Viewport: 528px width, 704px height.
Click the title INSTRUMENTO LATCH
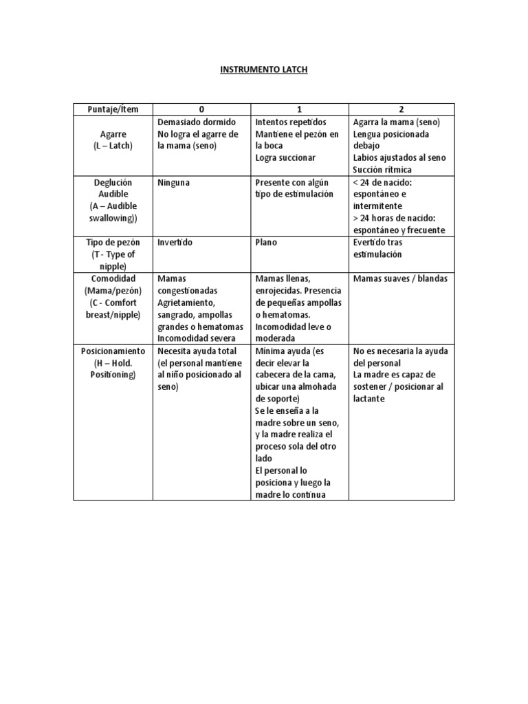(x=264, y=71)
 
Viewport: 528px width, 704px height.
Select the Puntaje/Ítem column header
(x=113, y=109)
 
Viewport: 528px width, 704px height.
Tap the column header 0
(x=201, y=109)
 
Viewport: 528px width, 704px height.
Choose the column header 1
(x=300, y=109)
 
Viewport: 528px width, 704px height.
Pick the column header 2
(x=401, y=109)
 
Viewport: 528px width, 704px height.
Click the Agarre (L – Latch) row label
(x=113, y=140)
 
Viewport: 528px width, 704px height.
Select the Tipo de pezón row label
(x=113, y=254)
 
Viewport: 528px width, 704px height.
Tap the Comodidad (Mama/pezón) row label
(x=113, y=296)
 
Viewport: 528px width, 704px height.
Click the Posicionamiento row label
(x=113, y=362)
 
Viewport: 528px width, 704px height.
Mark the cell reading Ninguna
(x=174, y=182)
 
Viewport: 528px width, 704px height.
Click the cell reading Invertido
(x=175, y=243)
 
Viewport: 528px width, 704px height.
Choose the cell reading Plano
(x=265, y=243)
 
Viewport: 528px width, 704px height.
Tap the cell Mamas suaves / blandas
(x=399, y=278)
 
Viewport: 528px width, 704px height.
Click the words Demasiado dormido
(x=191, y=122)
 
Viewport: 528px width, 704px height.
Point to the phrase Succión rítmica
(x=380, y=170)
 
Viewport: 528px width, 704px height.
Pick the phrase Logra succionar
(x=285, y=157)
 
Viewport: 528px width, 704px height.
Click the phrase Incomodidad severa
(x=196, y=338)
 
